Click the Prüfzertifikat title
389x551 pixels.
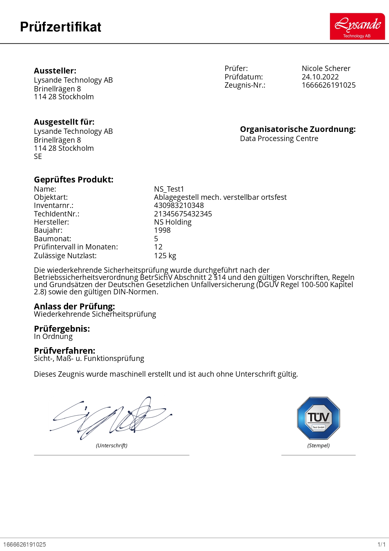61,27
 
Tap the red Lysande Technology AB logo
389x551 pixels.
357,26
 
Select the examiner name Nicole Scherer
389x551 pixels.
326,68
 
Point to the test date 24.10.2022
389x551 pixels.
320,77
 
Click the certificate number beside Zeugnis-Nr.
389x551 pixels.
328,85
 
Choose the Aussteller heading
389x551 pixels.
55,71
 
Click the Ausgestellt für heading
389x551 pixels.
64,122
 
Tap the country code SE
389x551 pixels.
38,156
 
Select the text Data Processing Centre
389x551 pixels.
279,139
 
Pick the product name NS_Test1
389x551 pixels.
169,189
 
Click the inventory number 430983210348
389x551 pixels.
179,205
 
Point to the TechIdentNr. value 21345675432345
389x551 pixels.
183,214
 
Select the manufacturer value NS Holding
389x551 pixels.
173,222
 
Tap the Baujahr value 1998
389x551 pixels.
162,230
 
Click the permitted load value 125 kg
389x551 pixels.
165,256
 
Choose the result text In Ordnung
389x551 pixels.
53,336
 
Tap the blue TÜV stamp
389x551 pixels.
318,418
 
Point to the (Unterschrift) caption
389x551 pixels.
111,445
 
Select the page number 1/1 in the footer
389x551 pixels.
381,544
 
